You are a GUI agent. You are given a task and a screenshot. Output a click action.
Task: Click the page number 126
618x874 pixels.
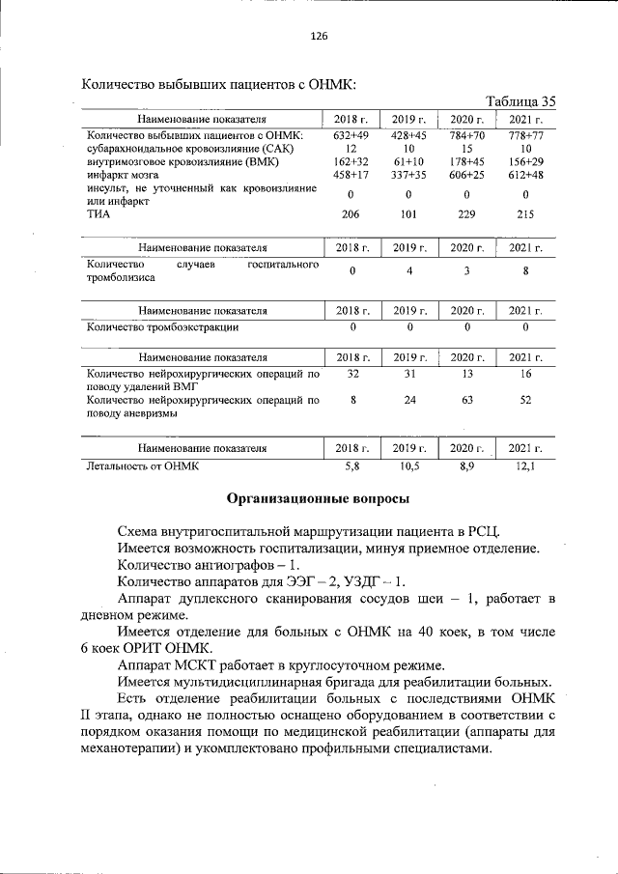tap(319, 36)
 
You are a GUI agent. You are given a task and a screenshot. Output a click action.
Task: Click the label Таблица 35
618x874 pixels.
tap(520, 100)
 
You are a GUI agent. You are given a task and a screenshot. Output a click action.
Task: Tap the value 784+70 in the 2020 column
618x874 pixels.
tap(466, 135)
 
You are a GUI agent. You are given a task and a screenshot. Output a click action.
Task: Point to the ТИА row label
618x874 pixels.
tap(97, 215)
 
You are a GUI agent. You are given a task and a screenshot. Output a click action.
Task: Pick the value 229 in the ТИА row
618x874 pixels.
tap(466, 215)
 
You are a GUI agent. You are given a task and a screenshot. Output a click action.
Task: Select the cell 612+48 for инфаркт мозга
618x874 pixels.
tap(525, 175)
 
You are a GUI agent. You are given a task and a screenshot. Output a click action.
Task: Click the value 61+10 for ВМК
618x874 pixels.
tap(410, 161)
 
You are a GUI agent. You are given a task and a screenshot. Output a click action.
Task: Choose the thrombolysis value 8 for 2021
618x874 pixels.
tap(525, 271)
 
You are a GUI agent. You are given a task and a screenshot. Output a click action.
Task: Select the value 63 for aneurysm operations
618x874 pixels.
tap(466, 399)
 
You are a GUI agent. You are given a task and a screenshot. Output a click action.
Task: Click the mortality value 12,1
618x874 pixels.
tap(525, 465)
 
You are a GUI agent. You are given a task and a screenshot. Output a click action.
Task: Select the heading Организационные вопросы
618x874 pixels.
tap(318, 498)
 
